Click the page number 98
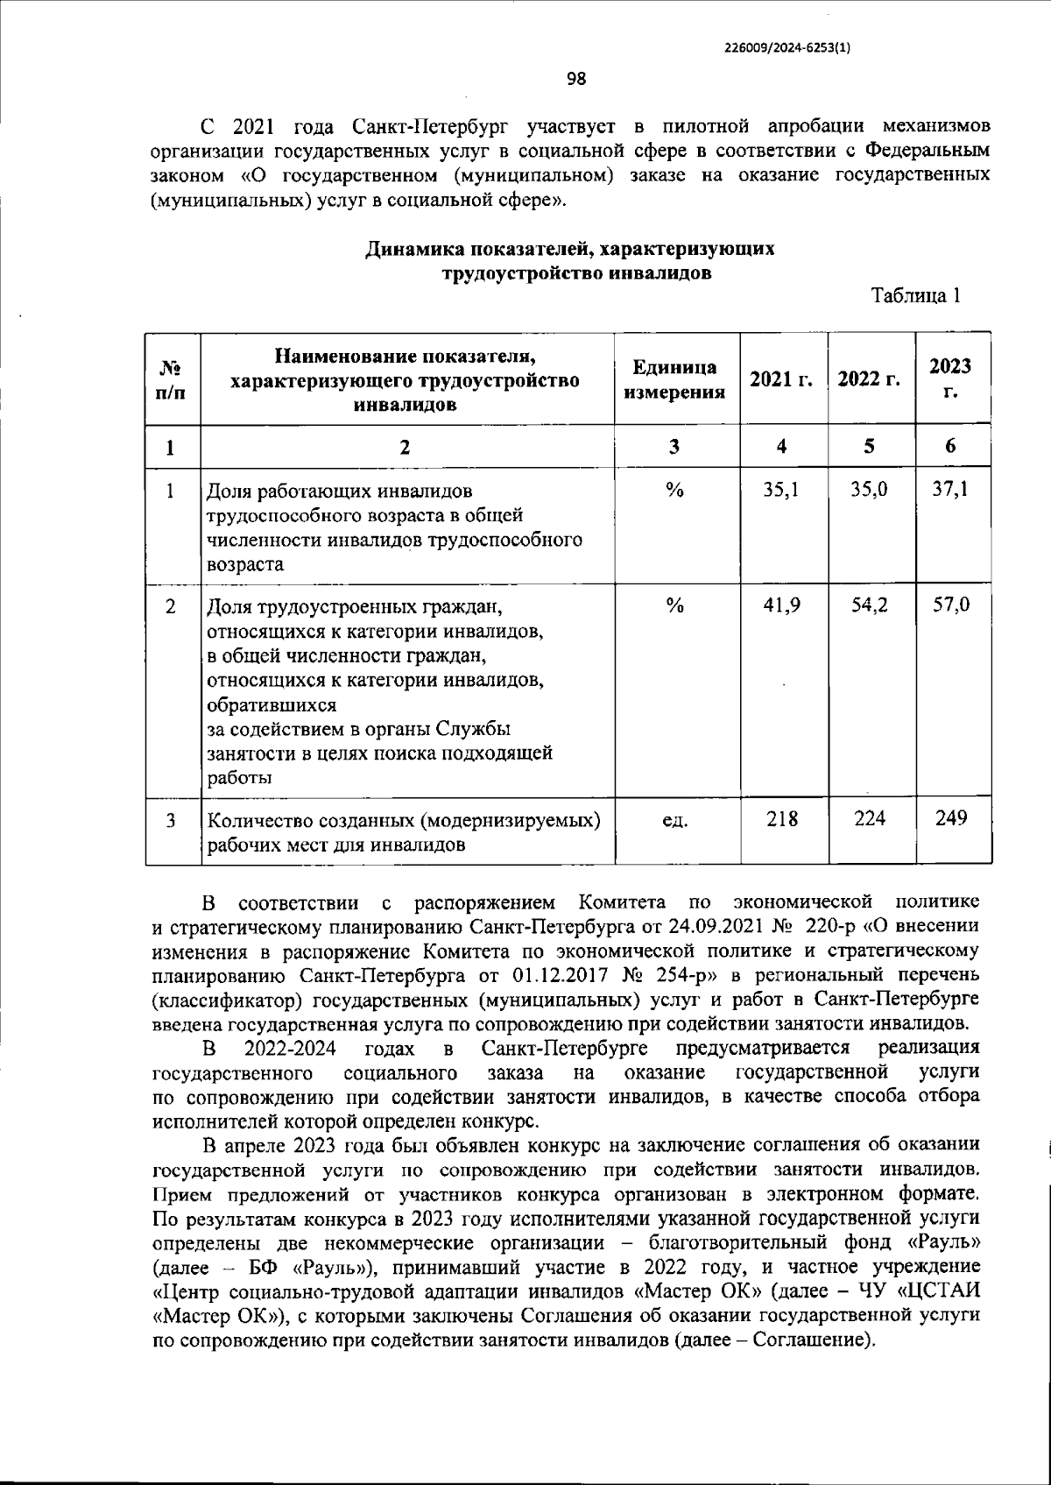pyautogui.click(x=576, y=80)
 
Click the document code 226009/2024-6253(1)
pyautogui.click(x=787, y=49)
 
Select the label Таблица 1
pyautogui.click(x=916, y=296)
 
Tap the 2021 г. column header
pyautogui.click(x=781, y=379)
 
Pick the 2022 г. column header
pyautogui.click(x=870, y=379)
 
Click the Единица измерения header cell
pyautogui.click(x=674, y=379)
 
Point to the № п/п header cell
pyautogui.click(x=171, y=379)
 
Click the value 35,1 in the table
pyautogui.click(x=781, y=491)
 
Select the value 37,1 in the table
pyautogui.click(x=951, y=491)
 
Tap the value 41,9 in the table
pyautogui.click(x=781, y=605)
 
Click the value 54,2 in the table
pyautogui.click(x=870, y=605)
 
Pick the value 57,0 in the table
pyautogui.click(x=951, y=605)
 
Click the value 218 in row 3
pyautogui.click(x=781, y=818)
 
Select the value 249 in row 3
pyautogui.click(x=951, y=818)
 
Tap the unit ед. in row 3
pyautogui.click(x=674, y=822)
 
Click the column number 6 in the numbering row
pyautogui.click(x=951, y=446)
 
